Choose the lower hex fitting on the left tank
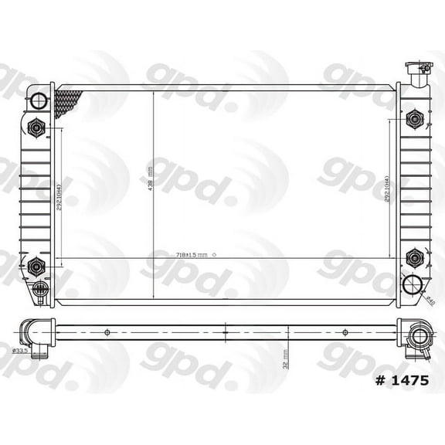coord(36,267)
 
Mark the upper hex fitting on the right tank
coord(415,119)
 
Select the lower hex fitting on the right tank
coord(415,259)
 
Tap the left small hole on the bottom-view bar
coord(107,333)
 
